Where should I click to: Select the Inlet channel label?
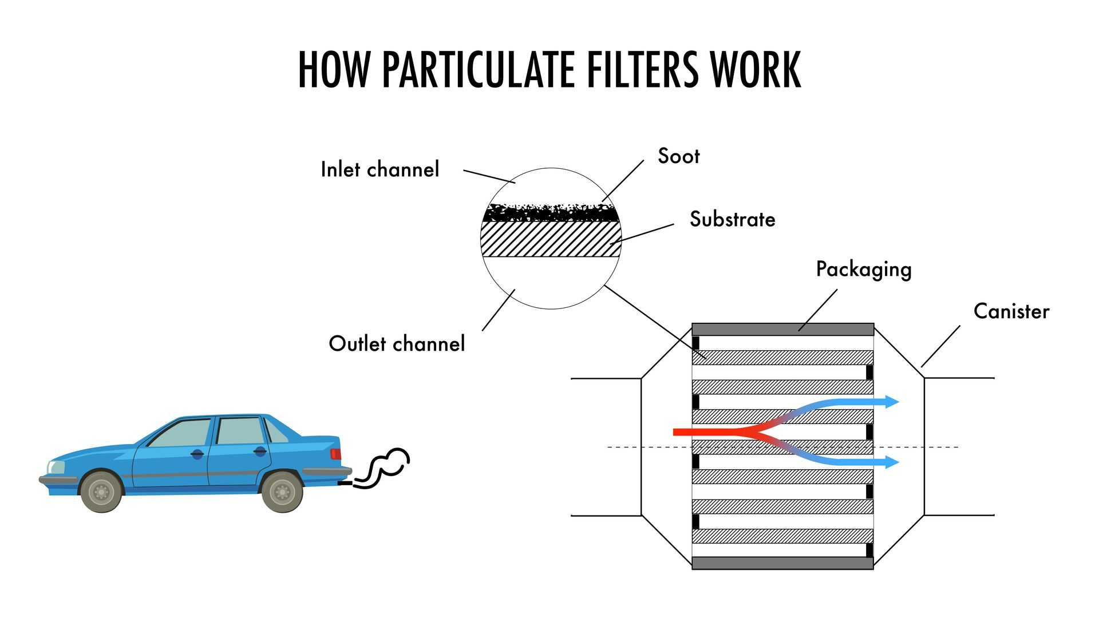pos(379,169)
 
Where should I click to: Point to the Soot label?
pos(678,156)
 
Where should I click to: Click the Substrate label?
pos(732,219)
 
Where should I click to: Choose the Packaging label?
pos(863,270)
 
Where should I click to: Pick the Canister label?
pos(1011,311)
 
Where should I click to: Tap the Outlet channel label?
pos(397,343)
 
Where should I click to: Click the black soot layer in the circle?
pos(551,213)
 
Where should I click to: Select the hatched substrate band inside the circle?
pos(551,239)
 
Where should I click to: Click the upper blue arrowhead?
pos(891,402)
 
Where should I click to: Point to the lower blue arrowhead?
pos(891,462)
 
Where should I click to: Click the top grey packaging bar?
pos(782,330)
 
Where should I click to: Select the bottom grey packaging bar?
pos(782,563)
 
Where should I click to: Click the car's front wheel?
pos(101,492)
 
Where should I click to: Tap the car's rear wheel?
pos(282,492)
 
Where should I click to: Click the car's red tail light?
pos(335,454)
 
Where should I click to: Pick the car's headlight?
pos(56,467)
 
